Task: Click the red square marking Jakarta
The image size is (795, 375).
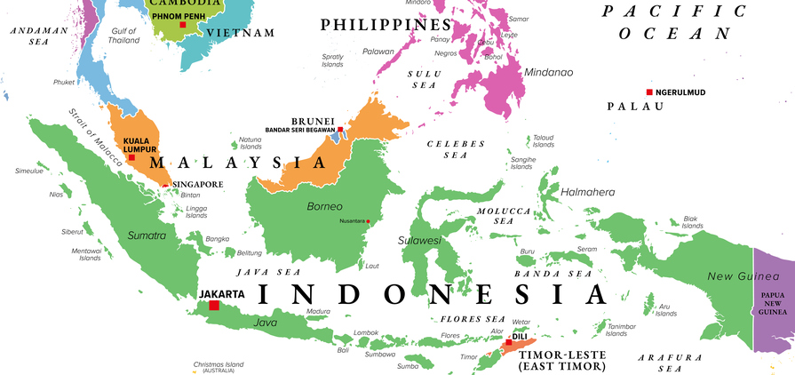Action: point(213,306)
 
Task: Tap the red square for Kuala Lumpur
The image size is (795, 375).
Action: point(131,158)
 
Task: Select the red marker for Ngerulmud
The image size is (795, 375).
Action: point(649,92)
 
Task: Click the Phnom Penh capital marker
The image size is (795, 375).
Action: point(183,25)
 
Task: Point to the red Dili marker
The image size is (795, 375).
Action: point(508,342)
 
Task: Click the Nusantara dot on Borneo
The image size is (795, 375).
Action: point(368,221)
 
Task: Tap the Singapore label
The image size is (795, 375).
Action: point(197,185)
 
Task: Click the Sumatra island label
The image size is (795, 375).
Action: point(147,235)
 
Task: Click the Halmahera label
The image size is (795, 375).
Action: point(588,192)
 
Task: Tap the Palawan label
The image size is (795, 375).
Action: point(378,52)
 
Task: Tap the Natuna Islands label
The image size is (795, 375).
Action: point(250,142)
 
